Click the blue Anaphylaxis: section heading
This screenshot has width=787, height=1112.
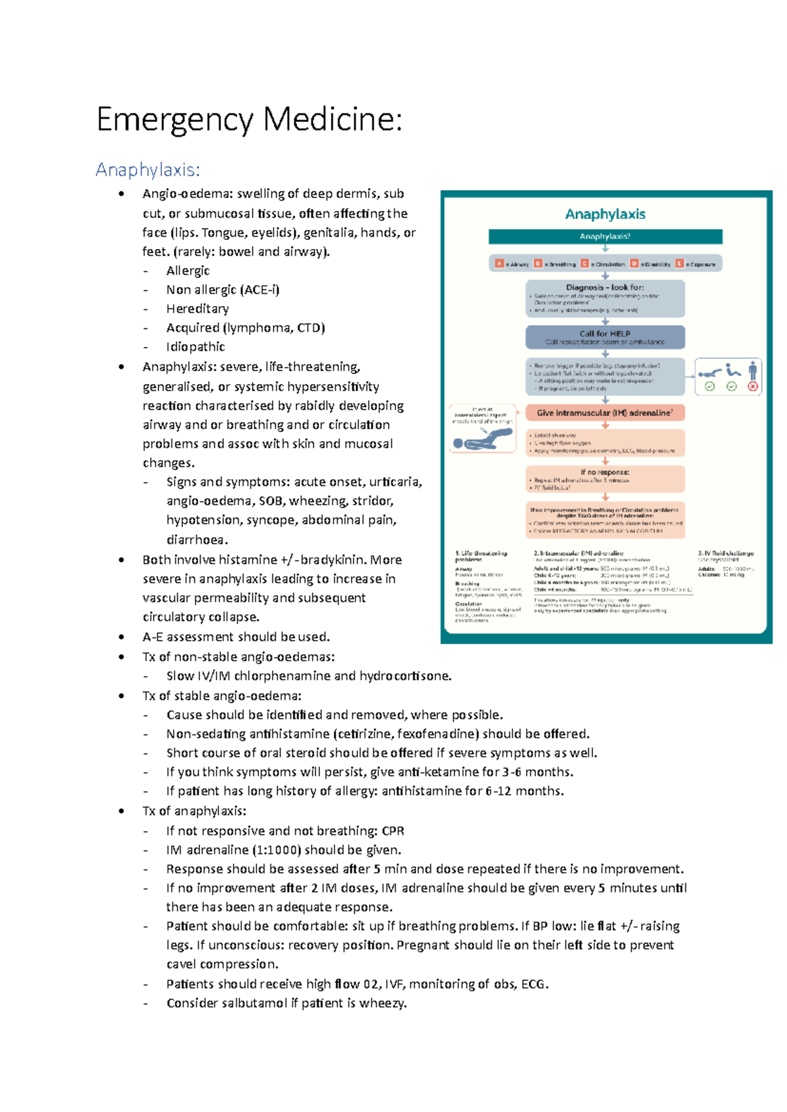(x=148, y=170)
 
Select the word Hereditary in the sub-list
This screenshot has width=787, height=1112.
(x=197, y=309)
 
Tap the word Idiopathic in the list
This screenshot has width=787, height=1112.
(x=195, y=347)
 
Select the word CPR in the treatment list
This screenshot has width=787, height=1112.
(x=393, y=831)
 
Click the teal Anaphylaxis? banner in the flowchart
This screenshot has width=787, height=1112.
(x=605, y=236)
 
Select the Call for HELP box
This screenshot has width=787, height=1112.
(x=605, y=337)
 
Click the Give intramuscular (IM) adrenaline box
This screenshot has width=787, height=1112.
(x=605, y=413)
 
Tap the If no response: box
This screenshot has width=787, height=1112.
(x=605, y=479)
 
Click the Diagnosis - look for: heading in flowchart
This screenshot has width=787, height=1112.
(x=605, y=287)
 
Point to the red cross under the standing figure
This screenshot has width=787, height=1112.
(x=753, y=387)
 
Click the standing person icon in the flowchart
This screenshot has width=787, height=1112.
(x=753, y=370)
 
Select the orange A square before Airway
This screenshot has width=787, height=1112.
(x=499, y=264)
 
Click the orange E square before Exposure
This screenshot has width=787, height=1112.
(x=679, y=264)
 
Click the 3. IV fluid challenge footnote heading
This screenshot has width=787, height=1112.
(x=725, y=553)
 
